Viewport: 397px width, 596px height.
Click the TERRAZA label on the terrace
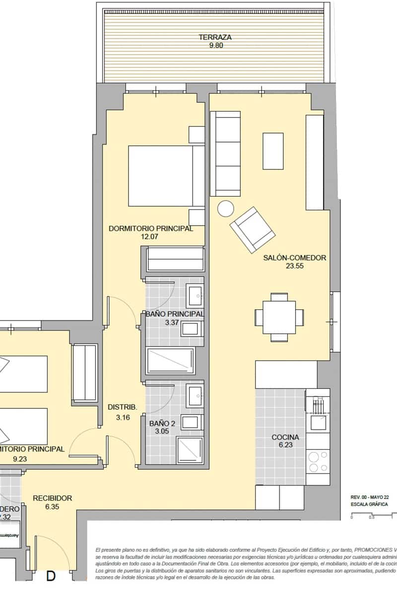tap(215, 37)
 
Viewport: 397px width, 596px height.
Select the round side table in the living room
tap(226, 208)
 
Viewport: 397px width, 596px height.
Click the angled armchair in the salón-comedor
tap(252, 229)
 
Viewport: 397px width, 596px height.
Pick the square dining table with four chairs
tap(279, 317)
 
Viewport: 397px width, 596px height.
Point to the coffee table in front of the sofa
tap(273, 151)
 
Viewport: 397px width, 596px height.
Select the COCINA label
tap(285, 438)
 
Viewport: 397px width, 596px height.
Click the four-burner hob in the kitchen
tap(318, 461)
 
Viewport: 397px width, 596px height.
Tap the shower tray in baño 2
tap(190, 450)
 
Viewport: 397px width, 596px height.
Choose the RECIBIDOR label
tap(53, 498)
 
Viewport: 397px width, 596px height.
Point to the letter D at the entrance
tap(51, 576)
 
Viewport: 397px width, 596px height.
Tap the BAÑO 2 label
tap(162, 424)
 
